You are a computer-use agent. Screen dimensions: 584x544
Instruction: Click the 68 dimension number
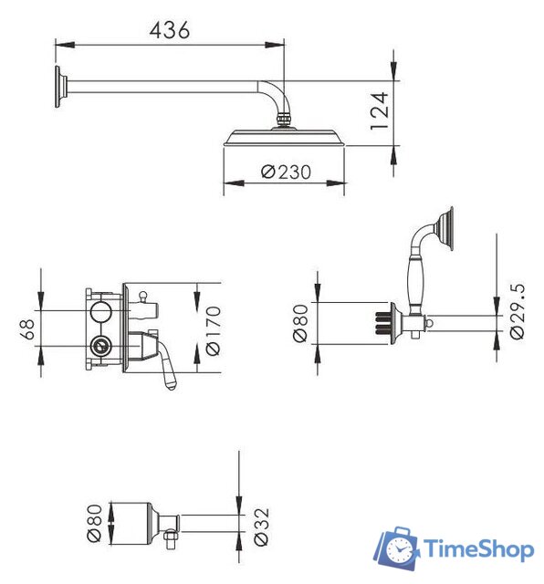(x=26, y=328)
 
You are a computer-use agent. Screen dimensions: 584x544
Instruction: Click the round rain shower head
(x=284, y=138)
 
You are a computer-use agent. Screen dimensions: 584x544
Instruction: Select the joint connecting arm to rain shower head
(x=285, y=120)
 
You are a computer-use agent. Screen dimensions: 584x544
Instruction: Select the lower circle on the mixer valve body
(x=100, y=347)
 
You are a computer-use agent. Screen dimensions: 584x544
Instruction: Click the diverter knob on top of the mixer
(x=142, y=295)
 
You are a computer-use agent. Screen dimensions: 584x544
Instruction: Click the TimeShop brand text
(x=477, y=549)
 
